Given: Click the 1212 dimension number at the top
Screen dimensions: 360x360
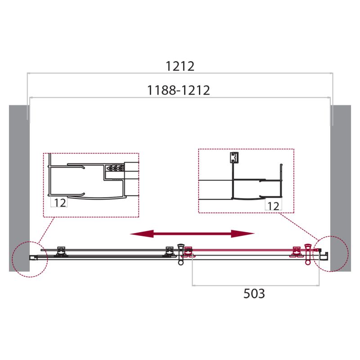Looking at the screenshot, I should tap(180, 66).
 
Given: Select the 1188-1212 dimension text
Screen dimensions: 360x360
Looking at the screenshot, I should tap(179, 90).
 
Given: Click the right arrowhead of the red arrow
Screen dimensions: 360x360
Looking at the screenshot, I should tap(248, 233).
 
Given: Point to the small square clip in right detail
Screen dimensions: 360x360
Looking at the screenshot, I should tap(233, 157).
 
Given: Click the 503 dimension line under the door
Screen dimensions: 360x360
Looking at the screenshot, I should tap(256, 285).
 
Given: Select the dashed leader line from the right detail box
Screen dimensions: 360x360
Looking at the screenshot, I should tap(297, 225).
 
